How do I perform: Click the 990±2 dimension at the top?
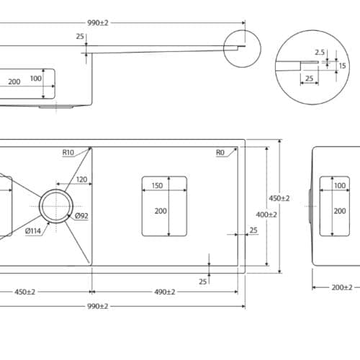pyautogui.click(x=97, y=23)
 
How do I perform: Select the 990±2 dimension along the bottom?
pyautogui.click(x=97, y=306)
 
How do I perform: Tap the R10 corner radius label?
pyautogui.click(x=68, y=153)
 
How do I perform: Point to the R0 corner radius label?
pyautogui.click(x=220, y=153)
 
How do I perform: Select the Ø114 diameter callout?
pyautogui.click(x=33, y=231)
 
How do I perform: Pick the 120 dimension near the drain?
pyautogui.click(x=81, y=179)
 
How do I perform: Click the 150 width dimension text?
pyautogui.click(x=157, y=185)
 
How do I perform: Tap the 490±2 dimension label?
pyautogui.click(x=165, y=292)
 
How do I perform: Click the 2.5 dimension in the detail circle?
pyautogui.click(x=320, y=52)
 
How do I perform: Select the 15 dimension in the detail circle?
pyautogui.click(x=342, y=66)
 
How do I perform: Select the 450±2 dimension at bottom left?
pyautogui.click(x=24, y=292)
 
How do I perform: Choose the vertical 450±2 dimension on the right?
pyautogui.click(x=279, y=198)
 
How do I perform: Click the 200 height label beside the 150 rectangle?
pyautogui.click(x=160, y=211)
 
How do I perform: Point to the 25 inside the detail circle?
pyautogui.click(x=308, y=79)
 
